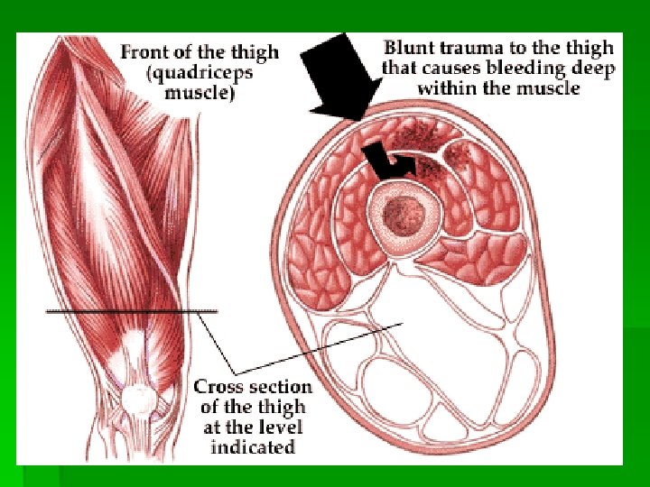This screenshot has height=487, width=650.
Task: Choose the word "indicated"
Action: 253,446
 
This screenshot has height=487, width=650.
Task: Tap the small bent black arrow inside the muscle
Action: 387,163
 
